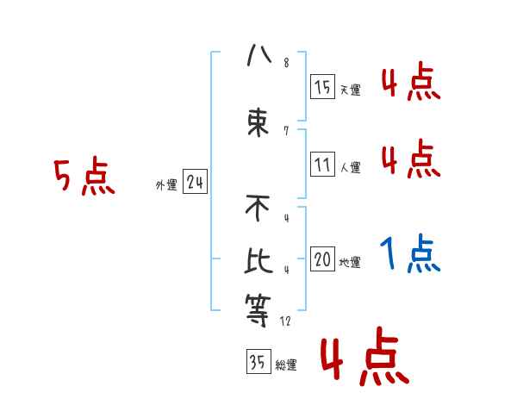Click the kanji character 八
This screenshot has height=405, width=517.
(258, 57)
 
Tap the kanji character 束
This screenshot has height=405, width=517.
(258, 121)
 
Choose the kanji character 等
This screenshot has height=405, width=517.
(258, 309)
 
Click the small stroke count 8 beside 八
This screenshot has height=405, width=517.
(286, 63)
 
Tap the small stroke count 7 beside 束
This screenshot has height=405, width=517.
(285, 131)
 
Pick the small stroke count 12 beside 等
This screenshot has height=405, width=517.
(286, 321)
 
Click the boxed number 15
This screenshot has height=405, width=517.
(323, 87)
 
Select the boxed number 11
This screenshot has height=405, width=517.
(323, 165)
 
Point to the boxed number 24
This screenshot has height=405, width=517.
(195, 183)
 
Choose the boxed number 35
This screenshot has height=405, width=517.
(258, 362)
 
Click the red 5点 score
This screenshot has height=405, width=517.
(84, 178)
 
